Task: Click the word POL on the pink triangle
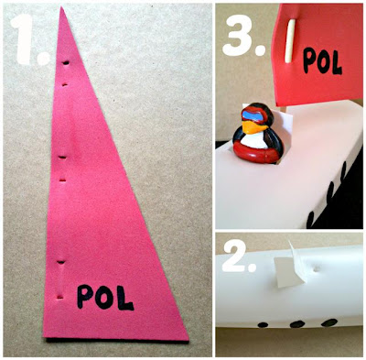105,297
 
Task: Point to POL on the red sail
322,60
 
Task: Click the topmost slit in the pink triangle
66,63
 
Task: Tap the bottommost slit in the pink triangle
60,297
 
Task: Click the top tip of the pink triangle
62,6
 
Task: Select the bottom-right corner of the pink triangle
188,340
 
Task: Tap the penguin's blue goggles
253,116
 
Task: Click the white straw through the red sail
289,41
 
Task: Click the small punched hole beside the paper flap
317,269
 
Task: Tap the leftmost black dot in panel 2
263,325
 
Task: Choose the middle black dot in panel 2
296,324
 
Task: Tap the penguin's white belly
253,141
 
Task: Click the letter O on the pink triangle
104,297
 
